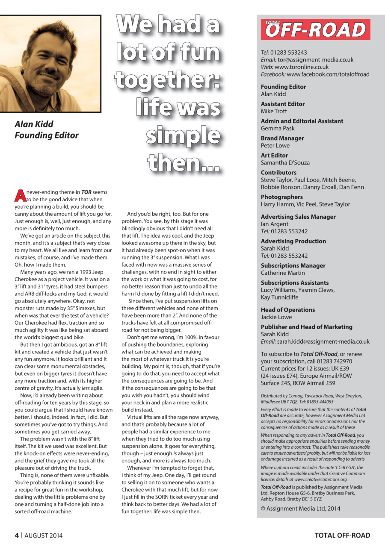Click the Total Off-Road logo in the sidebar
tap(315, 29)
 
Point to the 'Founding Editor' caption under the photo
tap(47, 135)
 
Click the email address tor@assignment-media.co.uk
tap(315, 60)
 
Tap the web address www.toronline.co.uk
tap(302, 67)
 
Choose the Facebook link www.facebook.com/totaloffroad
tap(328, 74)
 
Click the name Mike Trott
tap(274, 111)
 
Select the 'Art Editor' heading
tap(274, 156)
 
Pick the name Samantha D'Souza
tap(285, 163)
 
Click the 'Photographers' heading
tap(281, 197)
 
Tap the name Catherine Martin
tap(283, 273)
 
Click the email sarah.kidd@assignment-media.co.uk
tap(323, 341)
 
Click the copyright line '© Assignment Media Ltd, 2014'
tap(301, 508)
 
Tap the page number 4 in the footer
tap(17, 535)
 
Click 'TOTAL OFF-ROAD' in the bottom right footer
tap(342, 535)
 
